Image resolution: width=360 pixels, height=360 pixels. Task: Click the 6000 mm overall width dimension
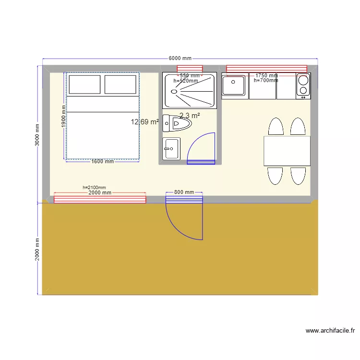click(180, 58)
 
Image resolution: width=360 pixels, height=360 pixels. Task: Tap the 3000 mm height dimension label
click(37, 135)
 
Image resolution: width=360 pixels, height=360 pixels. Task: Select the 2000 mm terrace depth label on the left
click(37, 249)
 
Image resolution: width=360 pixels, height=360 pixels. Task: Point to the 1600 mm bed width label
click(102, 161)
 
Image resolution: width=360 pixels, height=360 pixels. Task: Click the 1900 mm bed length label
click(63, 116)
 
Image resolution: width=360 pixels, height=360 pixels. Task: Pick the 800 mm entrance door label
click(184, 192)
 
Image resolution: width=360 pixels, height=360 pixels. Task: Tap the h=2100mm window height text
click(94, 188)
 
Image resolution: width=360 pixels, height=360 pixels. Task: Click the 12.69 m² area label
click(144, 122)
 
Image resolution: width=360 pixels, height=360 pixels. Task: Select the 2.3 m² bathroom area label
click(190, 116)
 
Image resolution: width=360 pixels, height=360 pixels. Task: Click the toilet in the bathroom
click(177, 123)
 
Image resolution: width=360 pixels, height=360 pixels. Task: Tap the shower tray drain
click(174, 92)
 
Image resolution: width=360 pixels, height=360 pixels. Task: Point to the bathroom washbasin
click(171, 149)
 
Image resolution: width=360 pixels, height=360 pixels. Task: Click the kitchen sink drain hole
click(233, 82)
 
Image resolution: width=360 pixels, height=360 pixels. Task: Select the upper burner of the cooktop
click(303, 81)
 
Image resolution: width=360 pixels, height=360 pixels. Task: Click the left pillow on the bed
click(84, 84)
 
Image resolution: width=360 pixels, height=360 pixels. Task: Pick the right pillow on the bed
click(120, 84)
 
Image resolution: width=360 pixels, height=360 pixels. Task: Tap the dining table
click(287, 151)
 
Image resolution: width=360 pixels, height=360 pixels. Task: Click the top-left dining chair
click(276, 126)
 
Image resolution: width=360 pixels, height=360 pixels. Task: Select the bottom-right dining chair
click(298, 176)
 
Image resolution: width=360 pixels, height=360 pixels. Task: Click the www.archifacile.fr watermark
click(330, 331)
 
